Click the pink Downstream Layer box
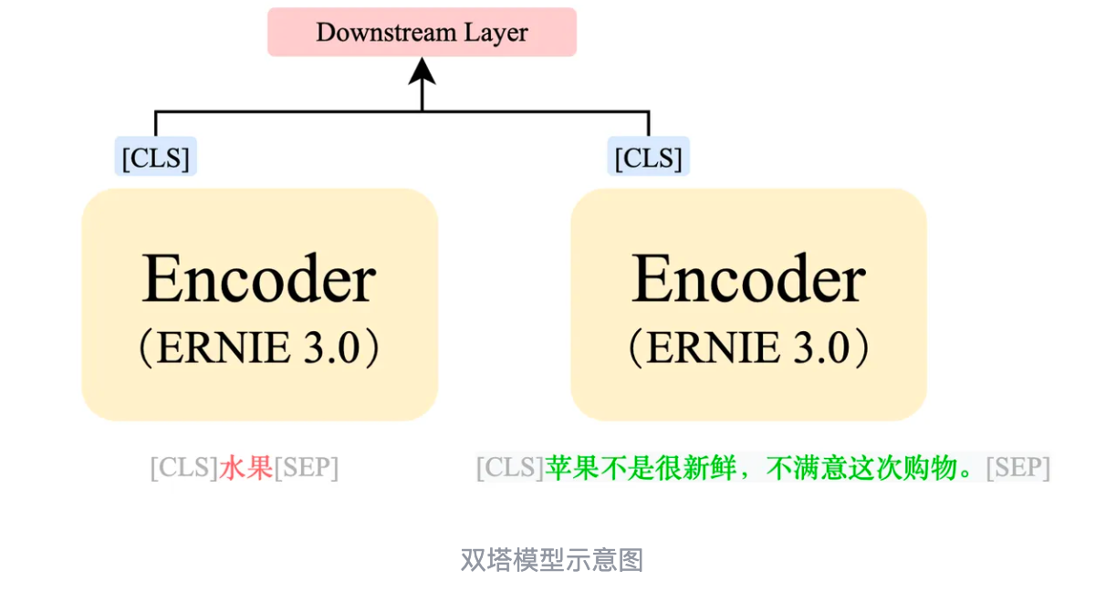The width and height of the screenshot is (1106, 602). point(422,33)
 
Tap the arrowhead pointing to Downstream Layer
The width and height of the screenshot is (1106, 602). point(422,71)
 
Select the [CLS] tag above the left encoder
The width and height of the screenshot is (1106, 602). point(156,158)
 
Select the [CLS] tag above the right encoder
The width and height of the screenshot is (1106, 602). point(649,158)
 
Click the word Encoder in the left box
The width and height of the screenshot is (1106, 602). point(259,279)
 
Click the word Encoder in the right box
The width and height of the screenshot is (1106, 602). point(748,279)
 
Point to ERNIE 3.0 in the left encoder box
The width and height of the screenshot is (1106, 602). point(259,348)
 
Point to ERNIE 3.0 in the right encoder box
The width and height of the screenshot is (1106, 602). point(748,348)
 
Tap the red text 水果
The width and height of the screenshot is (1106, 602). point(246,468)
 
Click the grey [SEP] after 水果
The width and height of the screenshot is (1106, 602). point(307,468)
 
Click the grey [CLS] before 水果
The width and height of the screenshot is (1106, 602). point(184,468)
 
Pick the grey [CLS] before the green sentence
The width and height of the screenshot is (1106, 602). point(510,468)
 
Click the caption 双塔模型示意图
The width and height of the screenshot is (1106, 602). point(552,559)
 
